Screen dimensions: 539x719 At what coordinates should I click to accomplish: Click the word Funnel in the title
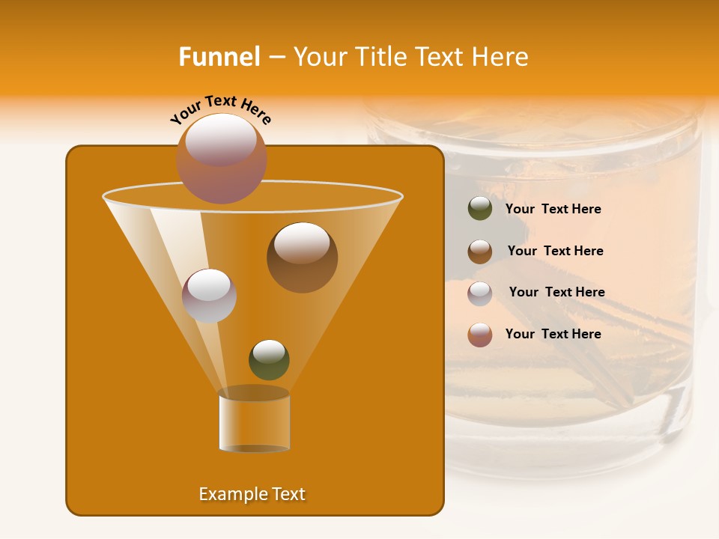219,57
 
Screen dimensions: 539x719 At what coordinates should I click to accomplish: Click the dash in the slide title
276,58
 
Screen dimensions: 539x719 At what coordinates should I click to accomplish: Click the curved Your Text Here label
221,109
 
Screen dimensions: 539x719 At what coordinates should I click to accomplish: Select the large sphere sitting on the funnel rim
222,158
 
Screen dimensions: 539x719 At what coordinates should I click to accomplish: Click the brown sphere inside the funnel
302,258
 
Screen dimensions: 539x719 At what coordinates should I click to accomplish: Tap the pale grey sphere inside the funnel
209,295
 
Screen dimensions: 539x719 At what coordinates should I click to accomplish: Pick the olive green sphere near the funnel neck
269,359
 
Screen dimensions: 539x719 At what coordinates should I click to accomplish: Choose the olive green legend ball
480,209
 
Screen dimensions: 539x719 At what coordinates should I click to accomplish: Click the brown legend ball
480,252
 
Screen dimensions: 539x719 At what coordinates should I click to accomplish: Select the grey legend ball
480,293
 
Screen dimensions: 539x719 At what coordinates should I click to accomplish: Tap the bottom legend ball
480,335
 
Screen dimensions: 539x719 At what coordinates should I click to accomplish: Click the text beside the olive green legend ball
553,210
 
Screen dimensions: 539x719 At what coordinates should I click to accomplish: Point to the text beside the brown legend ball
555,252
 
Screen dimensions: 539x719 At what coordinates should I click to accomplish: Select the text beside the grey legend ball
556,293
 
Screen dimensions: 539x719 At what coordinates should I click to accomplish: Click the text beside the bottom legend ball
553,335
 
